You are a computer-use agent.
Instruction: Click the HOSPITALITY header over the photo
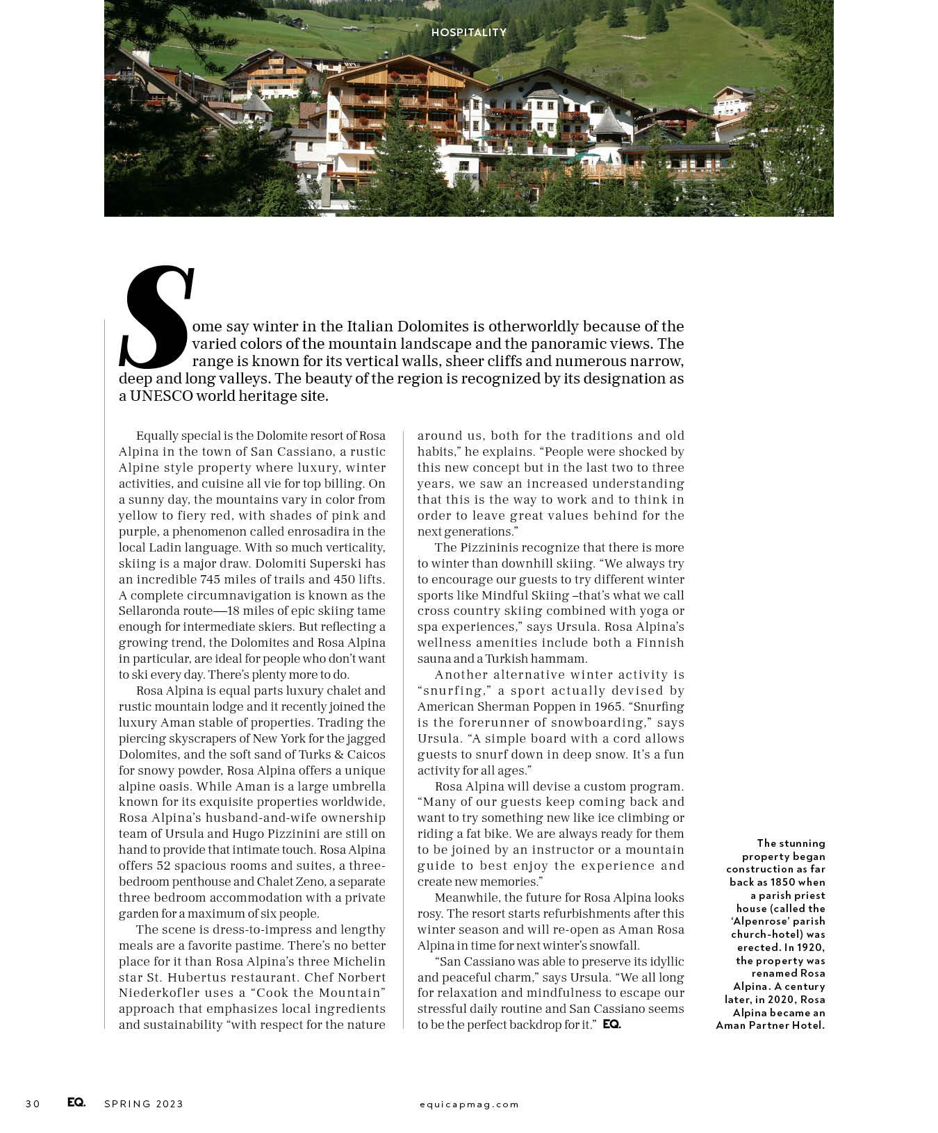468,33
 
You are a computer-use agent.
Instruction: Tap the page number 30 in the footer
33,1104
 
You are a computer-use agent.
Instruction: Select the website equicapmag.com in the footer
469,1104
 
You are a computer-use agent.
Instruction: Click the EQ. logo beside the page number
76,1103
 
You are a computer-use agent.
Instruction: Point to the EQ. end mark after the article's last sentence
611,1025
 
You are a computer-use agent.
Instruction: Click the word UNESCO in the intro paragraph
161,396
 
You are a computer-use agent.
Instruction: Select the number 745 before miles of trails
211,579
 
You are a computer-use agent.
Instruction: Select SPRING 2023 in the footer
144,1104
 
